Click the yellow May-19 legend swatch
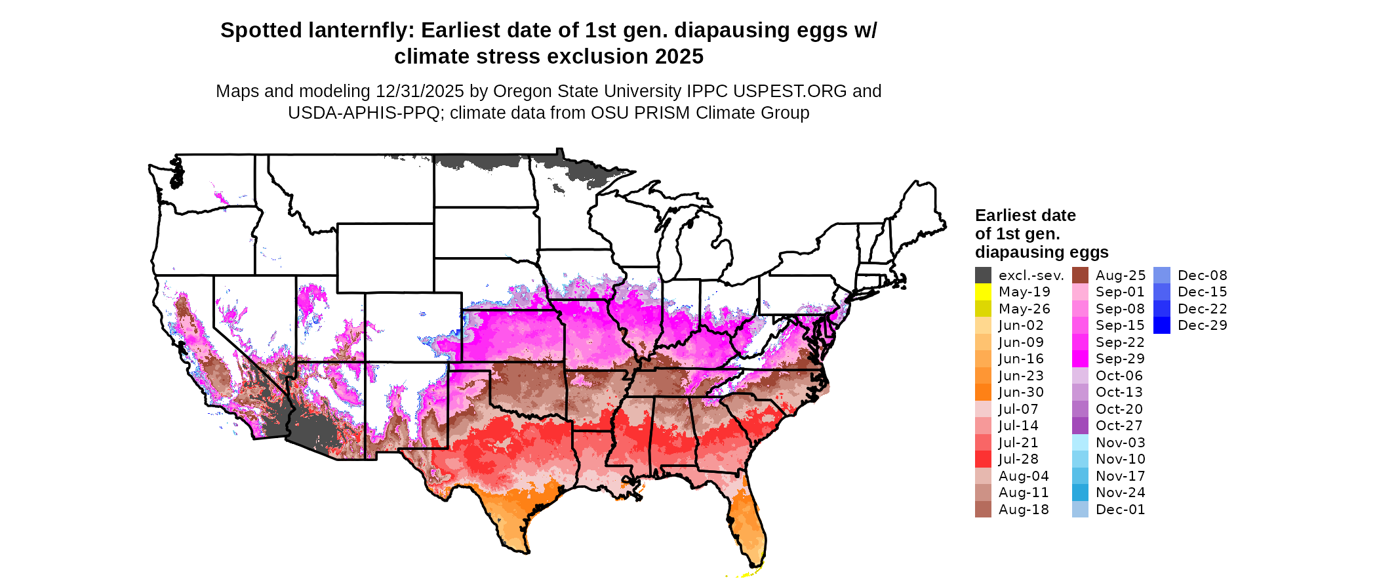point(983,292)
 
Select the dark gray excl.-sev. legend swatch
point(983,275)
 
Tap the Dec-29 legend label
point(1202,325)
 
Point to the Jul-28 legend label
point(1018,459)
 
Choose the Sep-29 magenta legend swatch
point(1080,359)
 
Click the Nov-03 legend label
point(1120,443)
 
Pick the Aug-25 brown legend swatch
point(1080,275)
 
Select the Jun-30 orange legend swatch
point(983,392)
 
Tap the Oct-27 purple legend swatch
point(1080,426)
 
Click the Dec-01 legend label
point(1120,510)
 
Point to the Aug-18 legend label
point(1024,510)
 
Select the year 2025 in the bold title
point(679,57)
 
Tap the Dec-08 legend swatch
point(1161,275)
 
